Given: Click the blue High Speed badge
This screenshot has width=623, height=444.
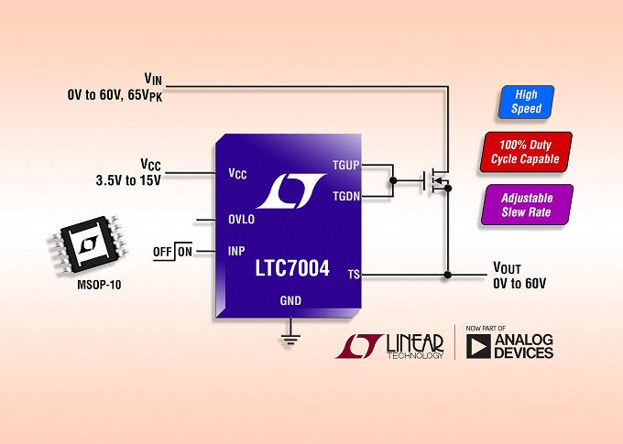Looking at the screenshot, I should (527, 102).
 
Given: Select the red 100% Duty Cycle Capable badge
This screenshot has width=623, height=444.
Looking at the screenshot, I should (526, 151).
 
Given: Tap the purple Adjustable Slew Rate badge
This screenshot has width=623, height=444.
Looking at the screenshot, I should (527, 204).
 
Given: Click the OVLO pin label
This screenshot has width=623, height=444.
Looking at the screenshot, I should (241, 220).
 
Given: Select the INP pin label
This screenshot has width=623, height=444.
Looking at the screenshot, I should (235, 250).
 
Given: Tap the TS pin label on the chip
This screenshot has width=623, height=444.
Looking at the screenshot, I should (354, 274).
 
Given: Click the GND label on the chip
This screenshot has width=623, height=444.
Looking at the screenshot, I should (290, 300).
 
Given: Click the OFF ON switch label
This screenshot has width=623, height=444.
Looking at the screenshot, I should (173, 251).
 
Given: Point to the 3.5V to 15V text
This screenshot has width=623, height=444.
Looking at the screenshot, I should (128, 179).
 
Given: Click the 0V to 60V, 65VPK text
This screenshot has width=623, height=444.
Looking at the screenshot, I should (114, 95).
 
